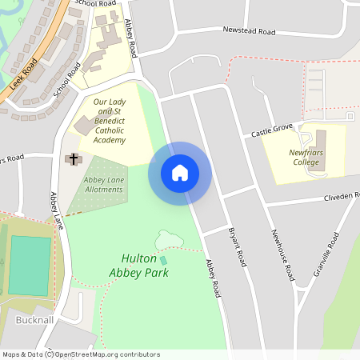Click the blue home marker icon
(180, 172)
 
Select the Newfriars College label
(304, 156)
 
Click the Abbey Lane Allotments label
(103, 184)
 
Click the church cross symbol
(73, 159)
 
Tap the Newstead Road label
(249, 32)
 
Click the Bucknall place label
(34, 320)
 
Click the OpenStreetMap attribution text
(80, 354)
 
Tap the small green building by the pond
(163, 261)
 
